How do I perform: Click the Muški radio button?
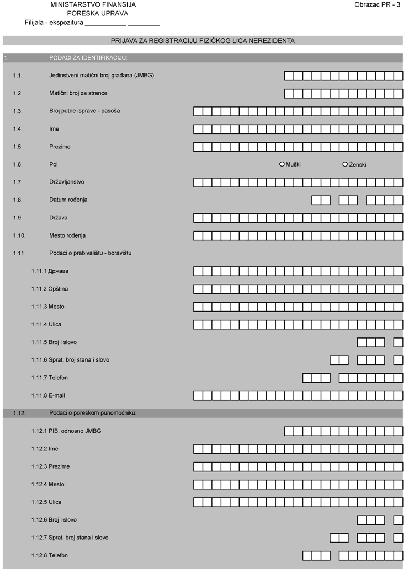click(282, 164)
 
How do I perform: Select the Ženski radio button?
click(346, 164)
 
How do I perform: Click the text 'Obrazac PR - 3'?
click(378, 4)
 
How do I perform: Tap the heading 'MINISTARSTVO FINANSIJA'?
click(93, 4)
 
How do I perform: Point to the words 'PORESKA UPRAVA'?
click(97, 13)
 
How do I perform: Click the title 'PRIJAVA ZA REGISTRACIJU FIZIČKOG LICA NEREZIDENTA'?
click(203, 41)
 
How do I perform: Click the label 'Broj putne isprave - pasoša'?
click(84, 111)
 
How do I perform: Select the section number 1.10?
click(19, 236)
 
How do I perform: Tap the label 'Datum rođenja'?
click(68, 200)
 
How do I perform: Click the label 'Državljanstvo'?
click(66, 182)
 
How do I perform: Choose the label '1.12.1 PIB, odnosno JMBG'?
click(66, 431)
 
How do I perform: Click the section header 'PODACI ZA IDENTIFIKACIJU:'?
click(88, 58)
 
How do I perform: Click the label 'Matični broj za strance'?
click(78, 93)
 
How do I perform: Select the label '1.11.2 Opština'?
click(50, 289)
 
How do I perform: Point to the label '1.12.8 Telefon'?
click(50, 555)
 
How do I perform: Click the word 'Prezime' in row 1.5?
click(60, 147)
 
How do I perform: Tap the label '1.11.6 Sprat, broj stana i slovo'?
click(70, 360)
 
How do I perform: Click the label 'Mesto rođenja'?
click(67, 236)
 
